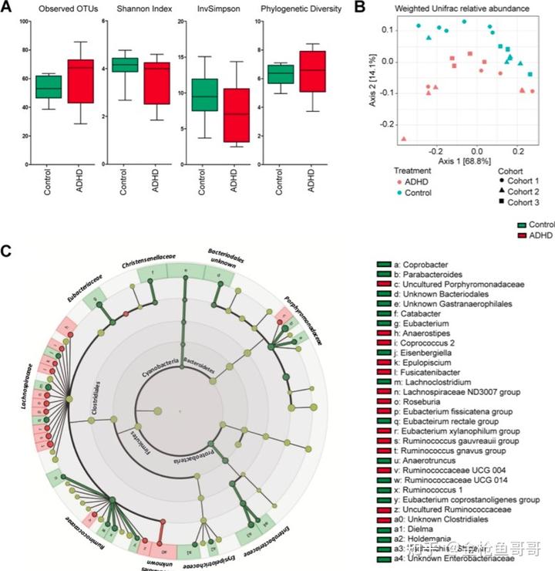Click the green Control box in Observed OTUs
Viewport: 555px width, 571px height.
tap(49, 86)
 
